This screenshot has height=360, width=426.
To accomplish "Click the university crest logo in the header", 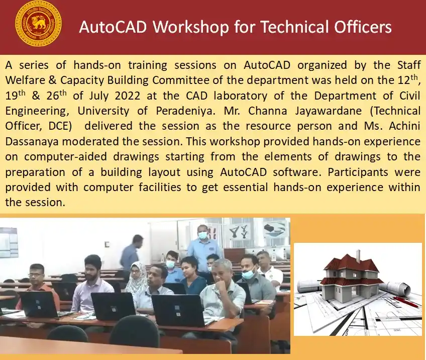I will (x=38, y=23).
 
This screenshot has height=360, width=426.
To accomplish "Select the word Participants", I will (x=355, y=171).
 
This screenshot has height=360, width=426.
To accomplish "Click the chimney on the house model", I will (x=358, y=255).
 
